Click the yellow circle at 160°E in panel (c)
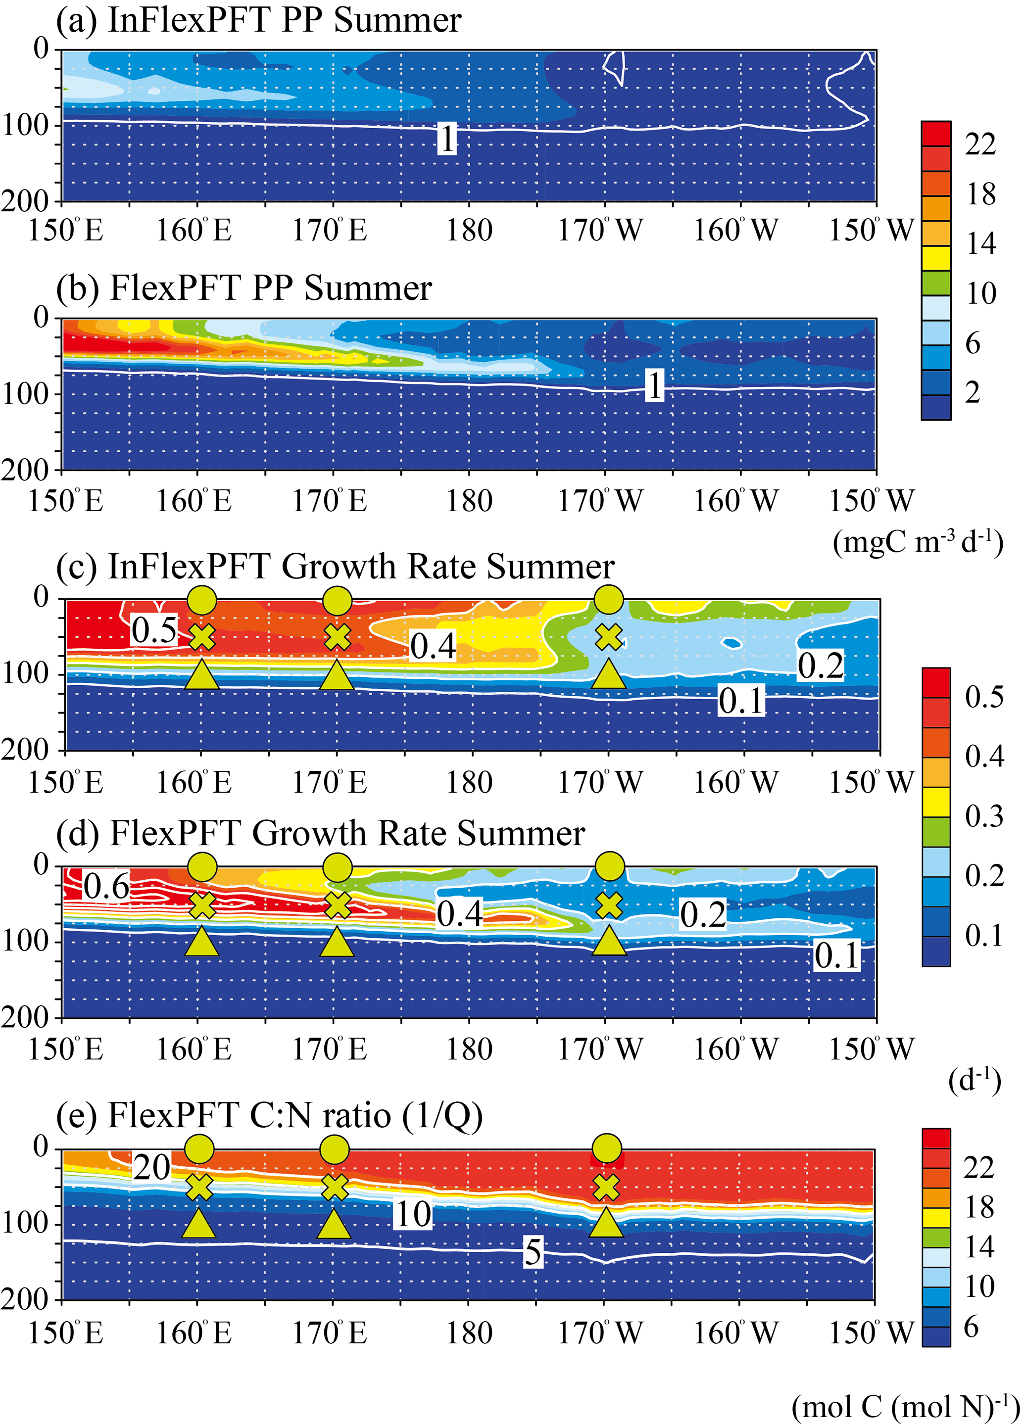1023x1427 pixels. pos(202,600)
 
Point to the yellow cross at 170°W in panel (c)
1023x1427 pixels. pos(608,637)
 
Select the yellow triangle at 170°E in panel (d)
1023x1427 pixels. pos(337,942)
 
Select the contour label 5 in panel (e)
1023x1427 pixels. pos(532,1251)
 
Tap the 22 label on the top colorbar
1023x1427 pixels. pos(980,144)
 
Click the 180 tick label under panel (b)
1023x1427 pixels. pos(469,501)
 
